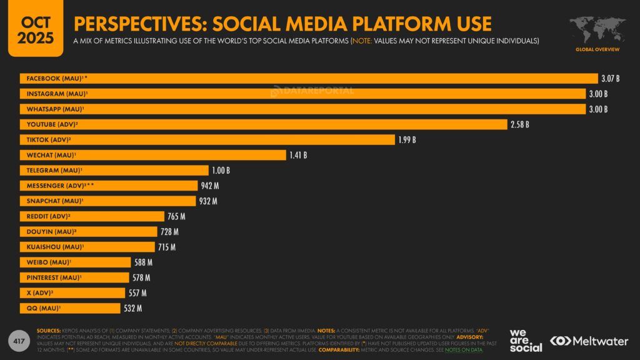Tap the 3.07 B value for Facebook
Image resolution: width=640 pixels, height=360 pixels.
610,79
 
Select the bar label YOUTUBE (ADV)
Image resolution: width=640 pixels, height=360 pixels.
52,124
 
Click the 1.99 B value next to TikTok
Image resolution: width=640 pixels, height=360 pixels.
407,140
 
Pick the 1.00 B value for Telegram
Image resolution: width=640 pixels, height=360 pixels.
221,171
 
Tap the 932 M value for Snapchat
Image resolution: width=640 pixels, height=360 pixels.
207,201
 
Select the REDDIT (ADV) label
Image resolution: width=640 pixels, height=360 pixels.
48,216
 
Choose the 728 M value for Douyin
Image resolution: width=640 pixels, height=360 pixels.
169,232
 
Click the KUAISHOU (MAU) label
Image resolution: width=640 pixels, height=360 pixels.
54,247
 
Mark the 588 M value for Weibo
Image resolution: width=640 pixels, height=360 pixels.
143,262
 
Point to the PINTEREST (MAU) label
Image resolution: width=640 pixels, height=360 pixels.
54,277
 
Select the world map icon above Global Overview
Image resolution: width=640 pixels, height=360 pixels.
597,29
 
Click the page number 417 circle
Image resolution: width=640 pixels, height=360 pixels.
19,341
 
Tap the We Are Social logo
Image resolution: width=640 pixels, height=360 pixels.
526,340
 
